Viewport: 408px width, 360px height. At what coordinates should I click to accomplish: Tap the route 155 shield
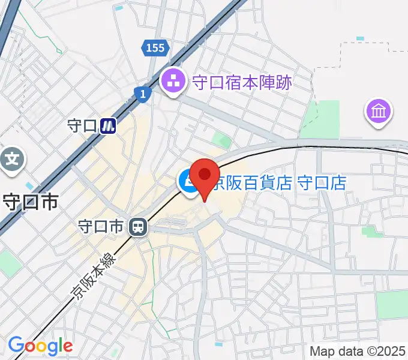155,47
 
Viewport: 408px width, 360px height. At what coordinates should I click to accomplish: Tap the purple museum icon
380,112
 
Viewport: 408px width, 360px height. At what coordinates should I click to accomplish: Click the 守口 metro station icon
108,126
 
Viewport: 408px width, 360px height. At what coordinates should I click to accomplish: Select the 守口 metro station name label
82,126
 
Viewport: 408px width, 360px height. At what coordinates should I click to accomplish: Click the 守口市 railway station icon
138,226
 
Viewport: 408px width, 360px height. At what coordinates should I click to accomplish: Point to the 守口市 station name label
101,226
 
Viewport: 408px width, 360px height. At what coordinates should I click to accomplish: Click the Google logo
40,346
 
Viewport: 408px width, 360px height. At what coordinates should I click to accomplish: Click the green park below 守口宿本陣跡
224,142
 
